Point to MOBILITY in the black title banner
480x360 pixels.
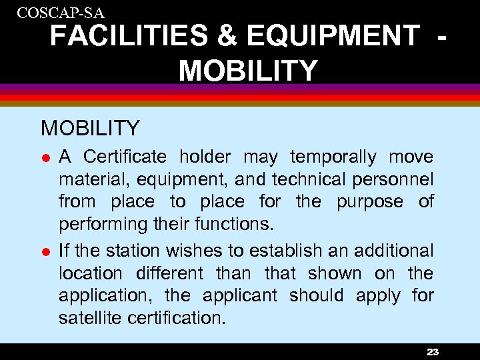(x=248, y=70)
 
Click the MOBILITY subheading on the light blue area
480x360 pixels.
(x=90, y=127)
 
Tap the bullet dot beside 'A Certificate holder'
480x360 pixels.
(x=45, y=158)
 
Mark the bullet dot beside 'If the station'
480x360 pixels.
(x=45, y=252)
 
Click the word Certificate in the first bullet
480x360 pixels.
(x=125, y=157)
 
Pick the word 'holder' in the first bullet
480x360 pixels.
(x=205, y=157)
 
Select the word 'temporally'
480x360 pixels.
(x=333, y=157)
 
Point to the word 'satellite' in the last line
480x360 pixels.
(x=91, y=318)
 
